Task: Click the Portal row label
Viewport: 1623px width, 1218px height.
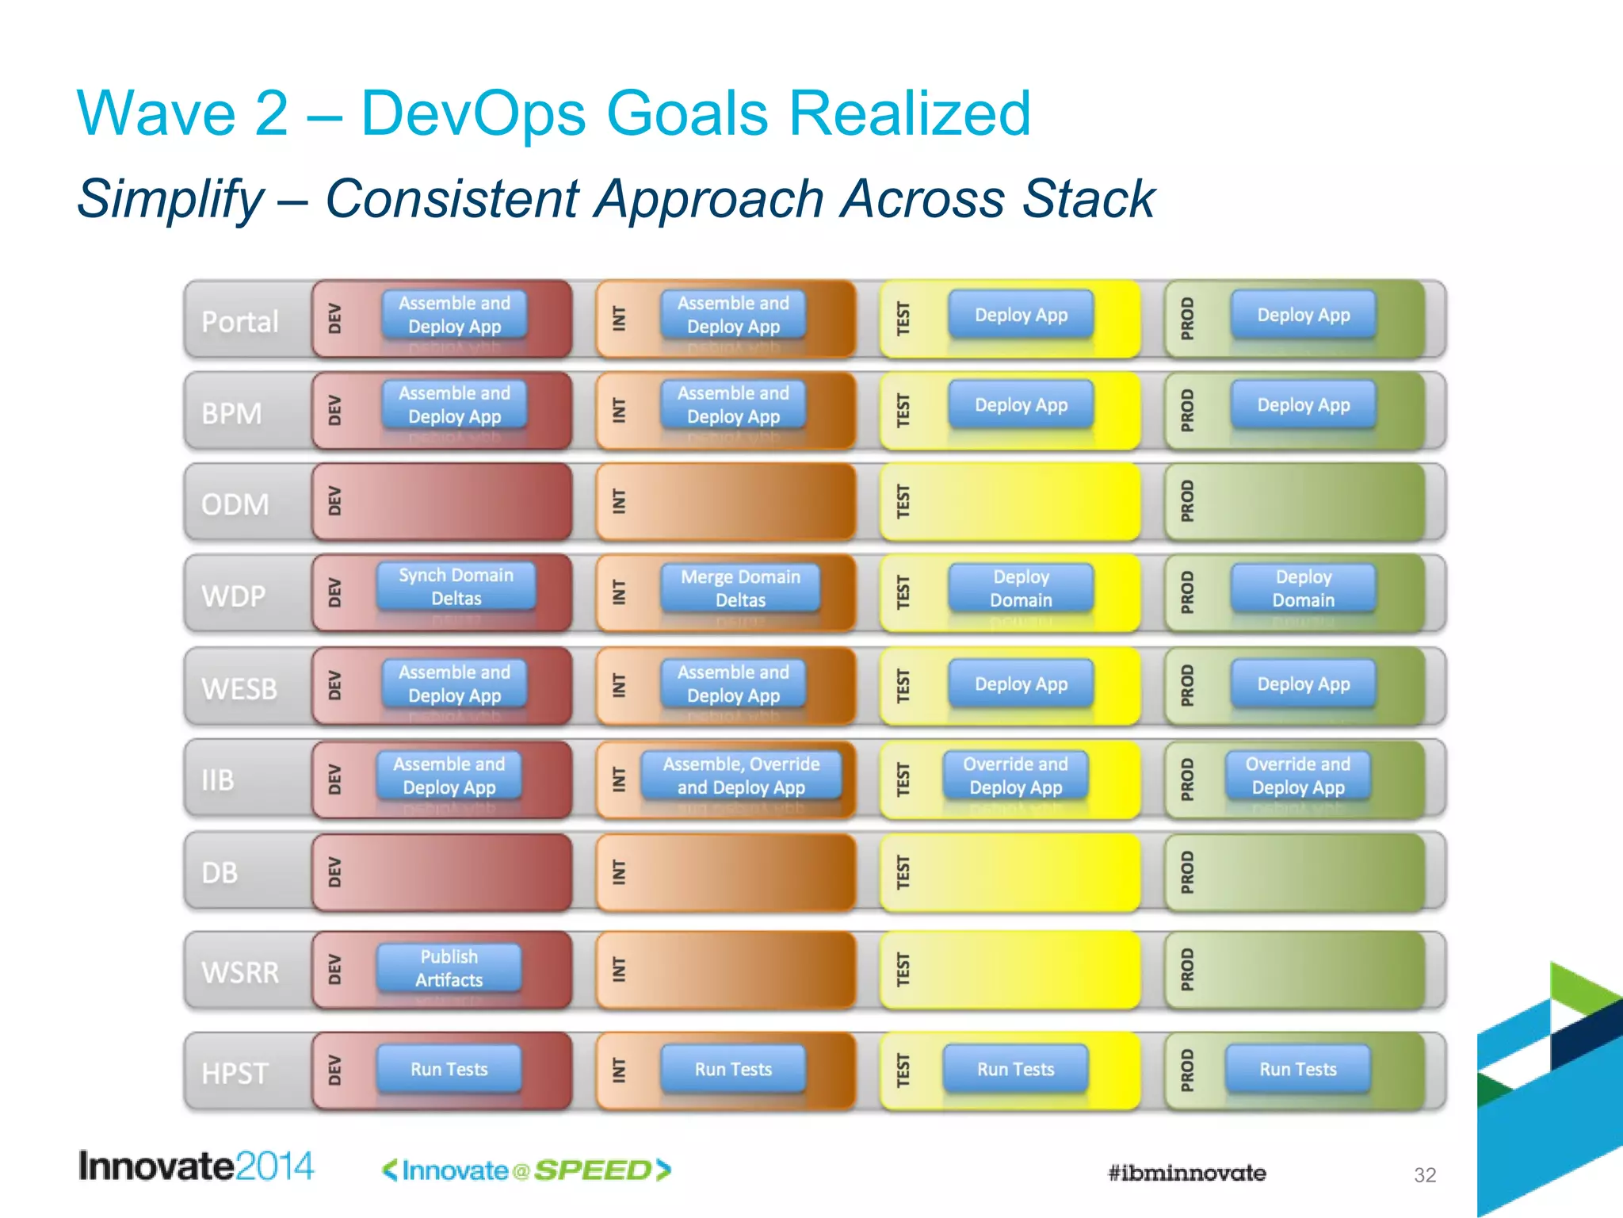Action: (240, 322)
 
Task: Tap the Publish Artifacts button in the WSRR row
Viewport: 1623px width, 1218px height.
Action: (449, 968)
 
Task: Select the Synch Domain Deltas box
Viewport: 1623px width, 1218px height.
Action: (456, 587)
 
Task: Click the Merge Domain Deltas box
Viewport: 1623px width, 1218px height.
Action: (740, 588)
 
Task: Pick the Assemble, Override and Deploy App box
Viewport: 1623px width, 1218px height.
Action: (741, 776)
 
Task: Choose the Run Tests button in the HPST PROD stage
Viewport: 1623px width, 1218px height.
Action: (1297, 1069)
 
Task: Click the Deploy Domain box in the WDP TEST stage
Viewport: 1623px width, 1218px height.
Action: (1021, 588)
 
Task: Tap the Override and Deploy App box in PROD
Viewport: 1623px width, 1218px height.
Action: (1297, 776)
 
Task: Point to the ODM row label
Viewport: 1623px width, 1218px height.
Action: (235, 504)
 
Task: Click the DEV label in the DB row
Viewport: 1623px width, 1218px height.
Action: (334, 872)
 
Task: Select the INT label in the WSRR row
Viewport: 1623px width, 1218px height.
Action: (619, 969)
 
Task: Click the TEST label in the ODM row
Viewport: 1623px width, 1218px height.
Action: (903, 502)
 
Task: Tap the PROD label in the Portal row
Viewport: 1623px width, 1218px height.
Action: (1186, 319)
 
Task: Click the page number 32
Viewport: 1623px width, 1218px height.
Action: (1425, 1175)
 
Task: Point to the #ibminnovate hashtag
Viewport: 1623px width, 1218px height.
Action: (1186, 1173)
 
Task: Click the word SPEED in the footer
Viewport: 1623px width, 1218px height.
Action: (593, 1170)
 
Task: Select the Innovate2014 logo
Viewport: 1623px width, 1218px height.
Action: (196, 1166)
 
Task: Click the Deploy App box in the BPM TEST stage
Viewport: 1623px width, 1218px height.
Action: (1021, 405)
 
